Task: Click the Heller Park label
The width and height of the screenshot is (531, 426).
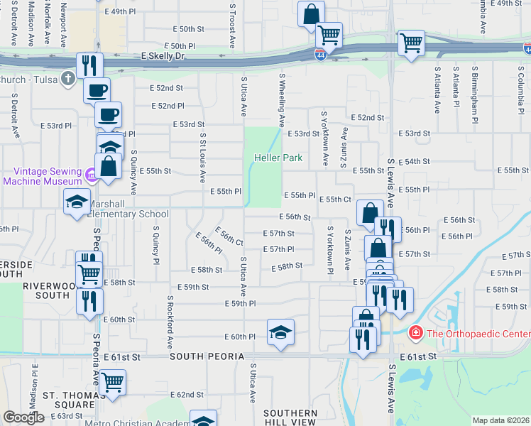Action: point(274,158)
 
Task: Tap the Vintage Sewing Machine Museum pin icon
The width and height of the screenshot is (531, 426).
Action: point(90,175)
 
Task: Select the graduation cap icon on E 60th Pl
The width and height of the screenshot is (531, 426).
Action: point(280,332)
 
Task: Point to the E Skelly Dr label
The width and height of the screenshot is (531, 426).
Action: point(163,55)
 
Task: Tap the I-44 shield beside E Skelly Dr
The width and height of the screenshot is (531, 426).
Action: point(321,54)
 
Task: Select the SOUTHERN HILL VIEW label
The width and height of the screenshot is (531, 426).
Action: point(290,417)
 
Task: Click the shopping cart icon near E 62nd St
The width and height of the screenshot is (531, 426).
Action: point(112,382)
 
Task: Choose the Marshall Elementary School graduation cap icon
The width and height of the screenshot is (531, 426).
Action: point(77,202)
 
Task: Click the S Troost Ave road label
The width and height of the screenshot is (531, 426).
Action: point(232,25)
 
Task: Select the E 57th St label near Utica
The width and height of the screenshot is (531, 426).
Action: point(278,233)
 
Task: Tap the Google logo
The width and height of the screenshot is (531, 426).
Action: point(23,417)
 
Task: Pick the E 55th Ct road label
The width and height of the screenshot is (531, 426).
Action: point(334,200)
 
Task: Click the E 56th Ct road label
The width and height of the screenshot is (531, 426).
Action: point(229,236)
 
